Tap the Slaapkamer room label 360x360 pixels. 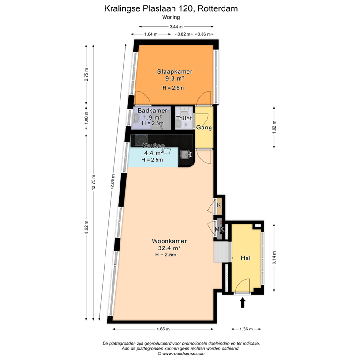pos(175,72)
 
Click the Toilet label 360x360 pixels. pos(184,119)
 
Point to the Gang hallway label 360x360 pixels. pos(204,127)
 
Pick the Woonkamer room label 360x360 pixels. pos(166,241)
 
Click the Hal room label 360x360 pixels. pos(246,258)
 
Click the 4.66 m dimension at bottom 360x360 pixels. pos(164,329)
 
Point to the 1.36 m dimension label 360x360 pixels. pos(247,329)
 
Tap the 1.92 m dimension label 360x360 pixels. pos(274,126)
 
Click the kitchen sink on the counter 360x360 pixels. pos(186,154)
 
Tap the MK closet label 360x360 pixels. pos(219,230)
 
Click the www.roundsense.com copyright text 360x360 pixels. pos(180,354)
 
